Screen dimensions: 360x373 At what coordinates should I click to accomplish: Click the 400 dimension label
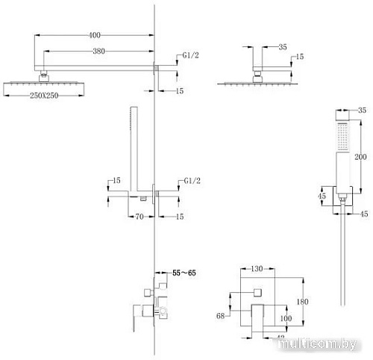pyautogui.click(x=94, y=35)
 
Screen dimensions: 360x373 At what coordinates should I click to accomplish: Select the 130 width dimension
pyautogui.click(x=257, y=267)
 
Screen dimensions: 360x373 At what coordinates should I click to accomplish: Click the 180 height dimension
pyautogui.click(x=302, y=301)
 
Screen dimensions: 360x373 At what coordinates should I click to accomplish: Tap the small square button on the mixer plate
pyautogui.click(x=258, y=290)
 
